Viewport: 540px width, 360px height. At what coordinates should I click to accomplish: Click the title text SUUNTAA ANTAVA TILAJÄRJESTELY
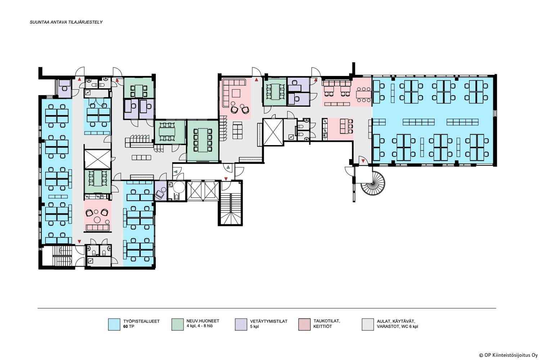(66, 22)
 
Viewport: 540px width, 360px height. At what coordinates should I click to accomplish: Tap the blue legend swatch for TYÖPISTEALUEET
(114, 324)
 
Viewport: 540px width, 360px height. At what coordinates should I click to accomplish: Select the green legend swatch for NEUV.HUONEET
(177, 324)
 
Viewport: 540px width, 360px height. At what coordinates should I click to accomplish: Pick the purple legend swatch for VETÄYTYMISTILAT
(241, 324)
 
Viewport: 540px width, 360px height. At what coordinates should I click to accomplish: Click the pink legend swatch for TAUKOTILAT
(304, 324)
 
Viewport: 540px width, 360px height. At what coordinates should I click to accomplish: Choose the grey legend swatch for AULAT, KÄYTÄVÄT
(368, 324)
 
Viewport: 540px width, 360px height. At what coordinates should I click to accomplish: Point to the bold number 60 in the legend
(125, 327)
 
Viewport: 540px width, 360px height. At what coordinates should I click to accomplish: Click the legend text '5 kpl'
(254, 327)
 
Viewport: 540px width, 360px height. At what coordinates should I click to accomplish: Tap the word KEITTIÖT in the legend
(323, 327)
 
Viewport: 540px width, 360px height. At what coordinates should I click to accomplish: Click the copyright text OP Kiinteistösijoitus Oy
(511, 355)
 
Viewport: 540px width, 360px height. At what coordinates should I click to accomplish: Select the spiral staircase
(373, 183)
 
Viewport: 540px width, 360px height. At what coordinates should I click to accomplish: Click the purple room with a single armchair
(160, 191)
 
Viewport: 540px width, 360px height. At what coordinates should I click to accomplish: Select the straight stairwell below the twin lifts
(230, 209)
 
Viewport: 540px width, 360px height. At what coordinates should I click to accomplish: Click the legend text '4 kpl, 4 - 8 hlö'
(199, 326)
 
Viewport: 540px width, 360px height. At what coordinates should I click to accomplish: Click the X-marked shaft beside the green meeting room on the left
(98, 159)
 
